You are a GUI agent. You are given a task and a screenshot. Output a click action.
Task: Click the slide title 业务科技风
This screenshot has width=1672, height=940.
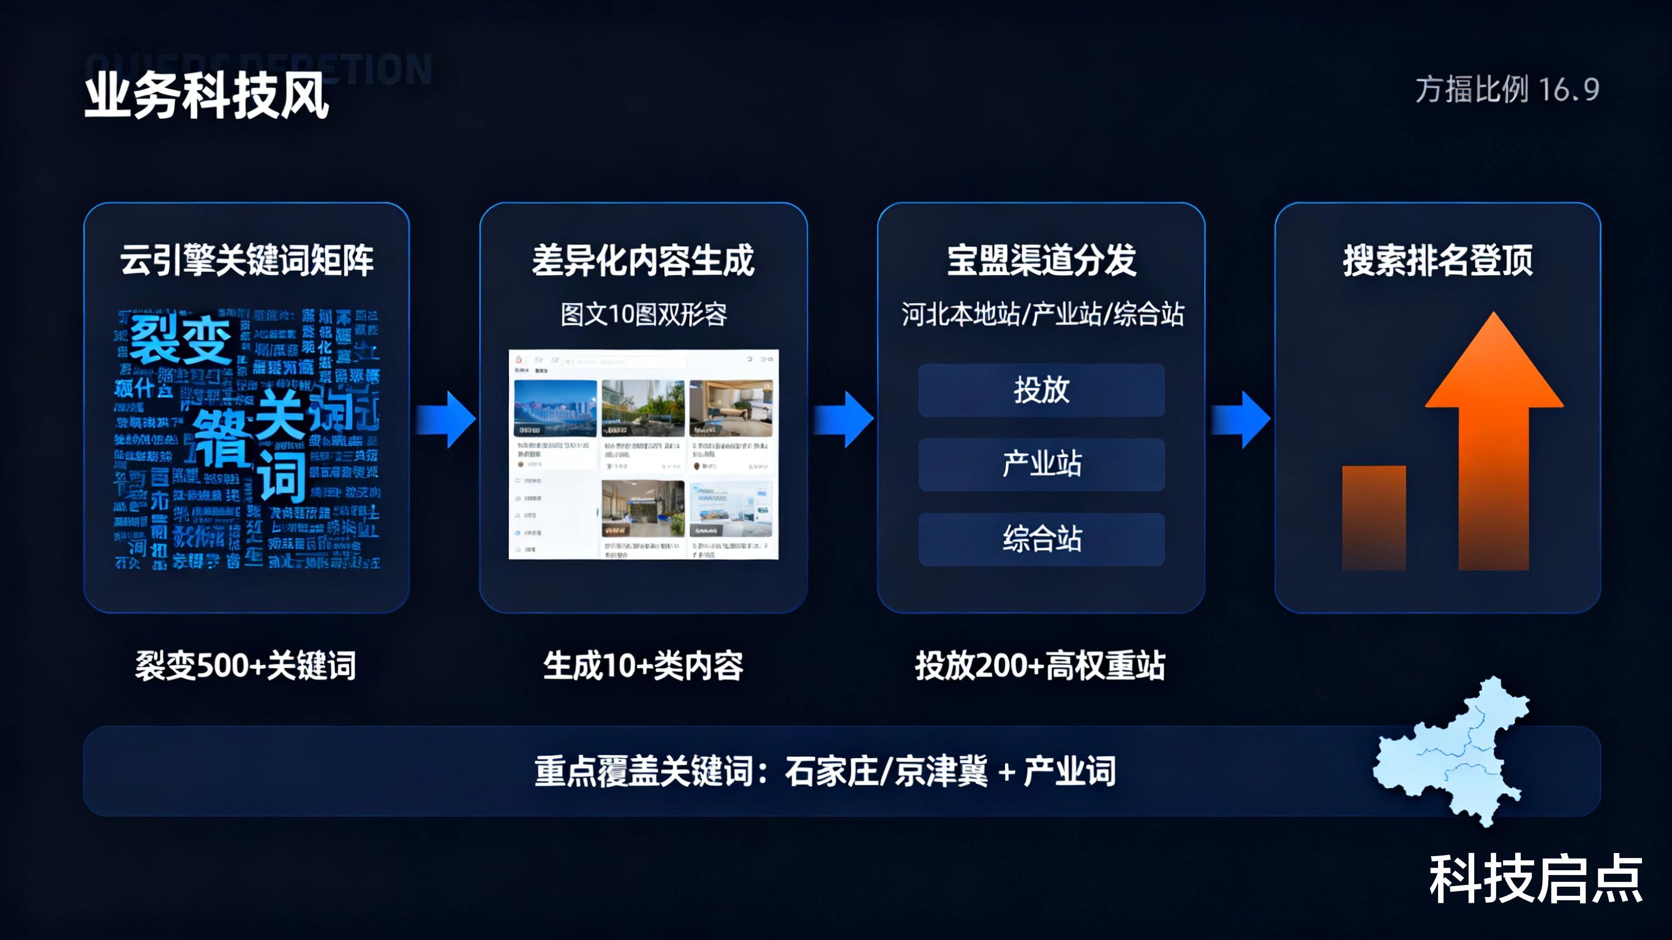206,96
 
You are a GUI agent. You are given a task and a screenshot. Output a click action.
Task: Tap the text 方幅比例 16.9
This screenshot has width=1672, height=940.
1507,89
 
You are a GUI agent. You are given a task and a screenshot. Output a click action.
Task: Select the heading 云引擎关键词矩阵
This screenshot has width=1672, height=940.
247,261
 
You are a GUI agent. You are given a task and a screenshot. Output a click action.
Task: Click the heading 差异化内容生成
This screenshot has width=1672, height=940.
643,261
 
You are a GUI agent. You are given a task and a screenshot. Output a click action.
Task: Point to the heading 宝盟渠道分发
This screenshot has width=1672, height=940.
1041,261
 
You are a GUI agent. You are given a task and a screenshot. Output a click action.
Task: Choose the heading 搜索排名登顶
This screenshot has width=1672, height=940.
1437,261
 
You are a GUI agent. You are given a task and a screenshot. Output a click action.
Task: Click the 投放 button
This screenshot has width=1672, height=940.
1041,390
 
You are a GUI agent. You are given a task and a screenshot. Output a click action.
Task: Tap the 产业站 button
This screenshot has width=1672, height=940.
1041,464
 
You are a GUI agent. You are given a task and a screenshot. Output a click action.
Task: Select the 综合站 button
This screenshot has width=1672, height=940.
1041,539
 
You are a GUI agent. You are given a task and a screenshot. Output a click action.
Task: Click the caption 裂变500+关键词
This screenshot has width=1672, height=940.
246,666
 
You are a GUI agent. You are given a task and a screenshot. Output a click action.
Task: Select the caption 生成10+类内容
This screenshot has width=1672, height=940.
642,666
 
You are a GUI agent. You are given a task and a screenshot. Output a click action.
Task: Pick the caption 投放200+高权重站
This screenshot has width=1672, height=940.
1040,666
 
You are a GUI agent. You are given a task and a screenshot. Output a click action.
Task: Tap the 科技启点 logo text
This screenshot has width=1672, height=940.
1535,879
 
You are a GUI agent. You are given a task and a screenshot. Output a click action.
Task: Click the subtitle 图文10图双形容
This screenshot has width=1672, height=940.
643,315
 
